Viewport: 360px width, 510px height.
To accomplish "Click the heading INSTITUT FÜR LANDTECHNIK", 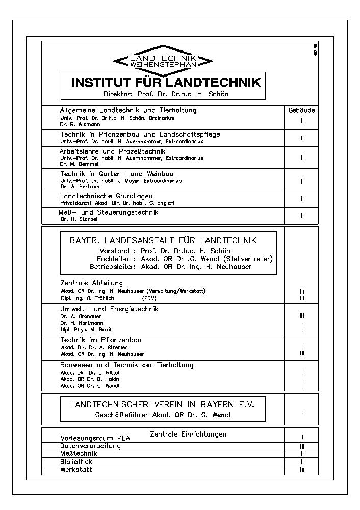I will click(166, 82).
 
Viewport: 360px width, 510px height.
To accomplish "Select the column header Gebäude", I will click(301, 110).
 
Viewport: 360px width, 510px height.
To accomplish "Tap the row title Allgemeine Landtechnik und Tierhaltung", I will click(128, 110).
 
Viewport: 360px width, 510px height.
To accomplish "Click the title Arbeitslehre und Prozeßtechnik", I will click(113, 151).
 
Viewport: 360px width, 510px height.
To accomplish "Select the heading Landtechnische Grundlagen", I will click(107, 196).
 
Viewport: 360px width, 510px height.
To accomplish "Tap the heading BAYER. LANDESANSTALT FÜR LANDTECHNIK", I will click(163, 240).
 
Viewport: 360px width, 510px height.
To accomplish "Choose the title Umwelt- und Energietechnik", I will click(110, 309).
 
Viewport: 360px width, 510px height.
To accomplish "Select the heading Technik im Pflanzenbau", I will click(101, 340).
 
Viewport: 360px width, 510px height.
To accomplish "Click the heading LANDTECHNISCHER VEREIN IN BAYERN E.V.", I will click(162, 404).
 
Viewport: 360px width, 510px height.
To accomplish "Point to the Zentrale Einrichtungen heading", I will click(188, 434).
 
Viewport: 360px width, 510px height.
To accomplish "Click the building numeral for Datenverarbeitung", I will click(302, 446).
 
